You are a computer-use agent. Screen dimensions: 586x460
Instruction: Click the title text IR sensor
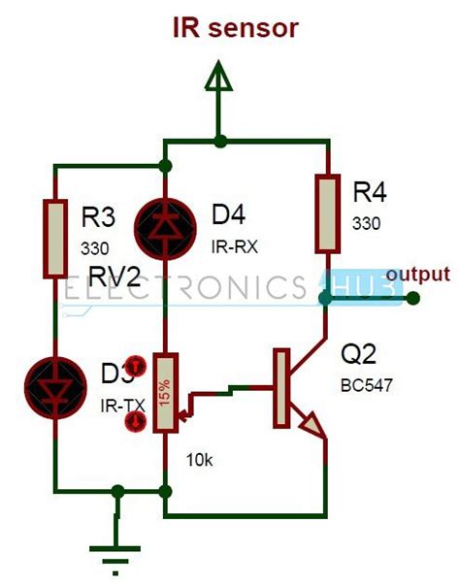235,28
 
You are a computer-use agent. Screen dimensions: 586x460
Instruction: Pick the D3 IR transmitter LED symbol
56,379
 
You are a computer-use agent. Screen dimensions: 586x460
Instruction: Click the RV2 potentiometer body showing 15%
166,393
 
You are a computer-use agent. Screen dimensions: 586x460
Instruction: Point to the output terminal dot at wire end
411,298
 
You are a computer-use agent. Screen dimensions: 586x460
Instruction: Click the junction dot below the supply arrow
221,142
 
